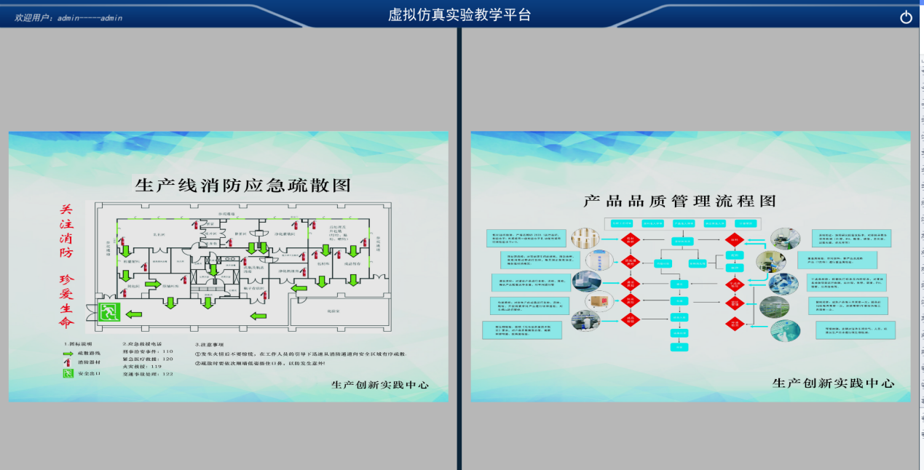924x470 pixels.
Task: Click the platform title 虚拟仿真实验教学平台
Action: pos(459,15)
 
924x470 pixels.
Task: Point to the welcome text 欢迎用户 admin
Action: pos(69,17)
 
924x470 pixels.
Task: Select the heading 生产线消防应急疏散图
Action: pos(242,185)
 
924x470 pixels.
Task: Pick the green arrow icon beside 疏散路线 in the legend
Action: pos(68,351)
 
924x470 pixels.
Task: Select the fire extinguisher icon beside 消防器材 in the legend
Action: pos(68,362)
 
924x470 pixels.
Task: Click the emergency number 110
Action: pos(167,351)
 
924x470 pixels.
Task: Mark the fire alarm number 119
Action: pos(155,367)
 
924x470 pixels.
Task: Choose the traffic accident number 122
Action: pos(167,374)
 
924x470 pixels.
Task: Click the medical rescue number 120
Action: pos(167,359)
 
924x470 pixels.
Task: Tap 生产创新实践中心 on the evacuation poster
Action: pos(379,386)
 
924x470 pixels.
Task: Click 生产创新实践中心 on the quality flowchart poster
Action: pos(832,383)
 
